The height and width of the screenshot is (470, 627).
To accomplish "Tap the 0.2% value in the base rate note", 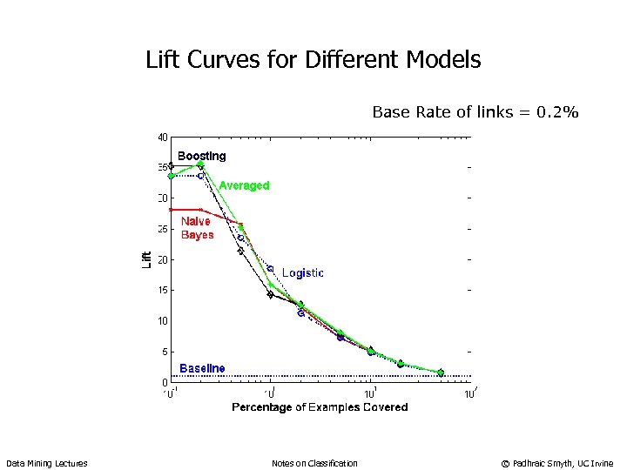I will pyautogui.click(x=557, y=112).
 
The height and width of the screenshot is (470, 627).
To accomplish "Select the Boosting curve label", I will pyautogui.click(x=201, y=157).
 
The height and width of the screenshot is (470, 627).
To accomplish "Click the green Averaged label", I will pyautogui.click(x=244, y=185).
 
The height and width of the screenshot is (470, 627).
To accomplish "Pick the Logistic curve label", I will pyautogui.click(x=302, y=273).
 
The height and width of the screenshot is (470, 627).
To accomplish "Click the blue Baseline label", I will pyautogui.click(x=202, y=368).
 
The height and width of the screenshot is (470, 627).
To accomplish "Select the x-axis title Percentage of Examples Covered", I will pyautogui.click(x=320, y=407).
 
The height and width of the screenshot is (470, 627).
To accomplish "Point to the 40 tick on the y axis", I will pyautogui.click(x=163, y=137).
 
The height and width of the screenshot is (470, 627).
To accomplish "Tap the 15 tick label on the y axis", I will pyautogui.click(x=163, y=291).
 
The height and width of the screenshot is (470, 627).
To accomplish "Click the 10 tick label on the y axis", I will pyautogui.click(x=163, y=321).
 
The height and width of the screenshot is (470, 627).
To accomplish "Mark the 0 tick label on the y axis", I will pyautogui.click(x=165, y=383).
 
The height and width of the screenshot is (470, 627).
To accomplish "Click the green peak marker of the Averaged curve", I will pyautogui.click(x=201, y=164).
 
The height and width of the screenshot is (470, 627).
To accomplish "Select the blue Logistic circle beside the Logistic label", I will pyautogui.click(x=270, y=269).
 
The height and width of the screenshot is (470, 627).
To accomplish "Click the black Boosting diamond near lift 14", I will pyautogui.click(x=270, y=294).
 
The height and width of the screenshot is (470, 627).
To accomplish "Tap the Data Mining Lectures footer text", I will pyautogui.click(x=47, y=463).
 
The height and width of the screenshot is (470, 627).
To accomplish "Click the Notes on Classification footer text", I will pyautogui.click(x=314, y=463).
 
